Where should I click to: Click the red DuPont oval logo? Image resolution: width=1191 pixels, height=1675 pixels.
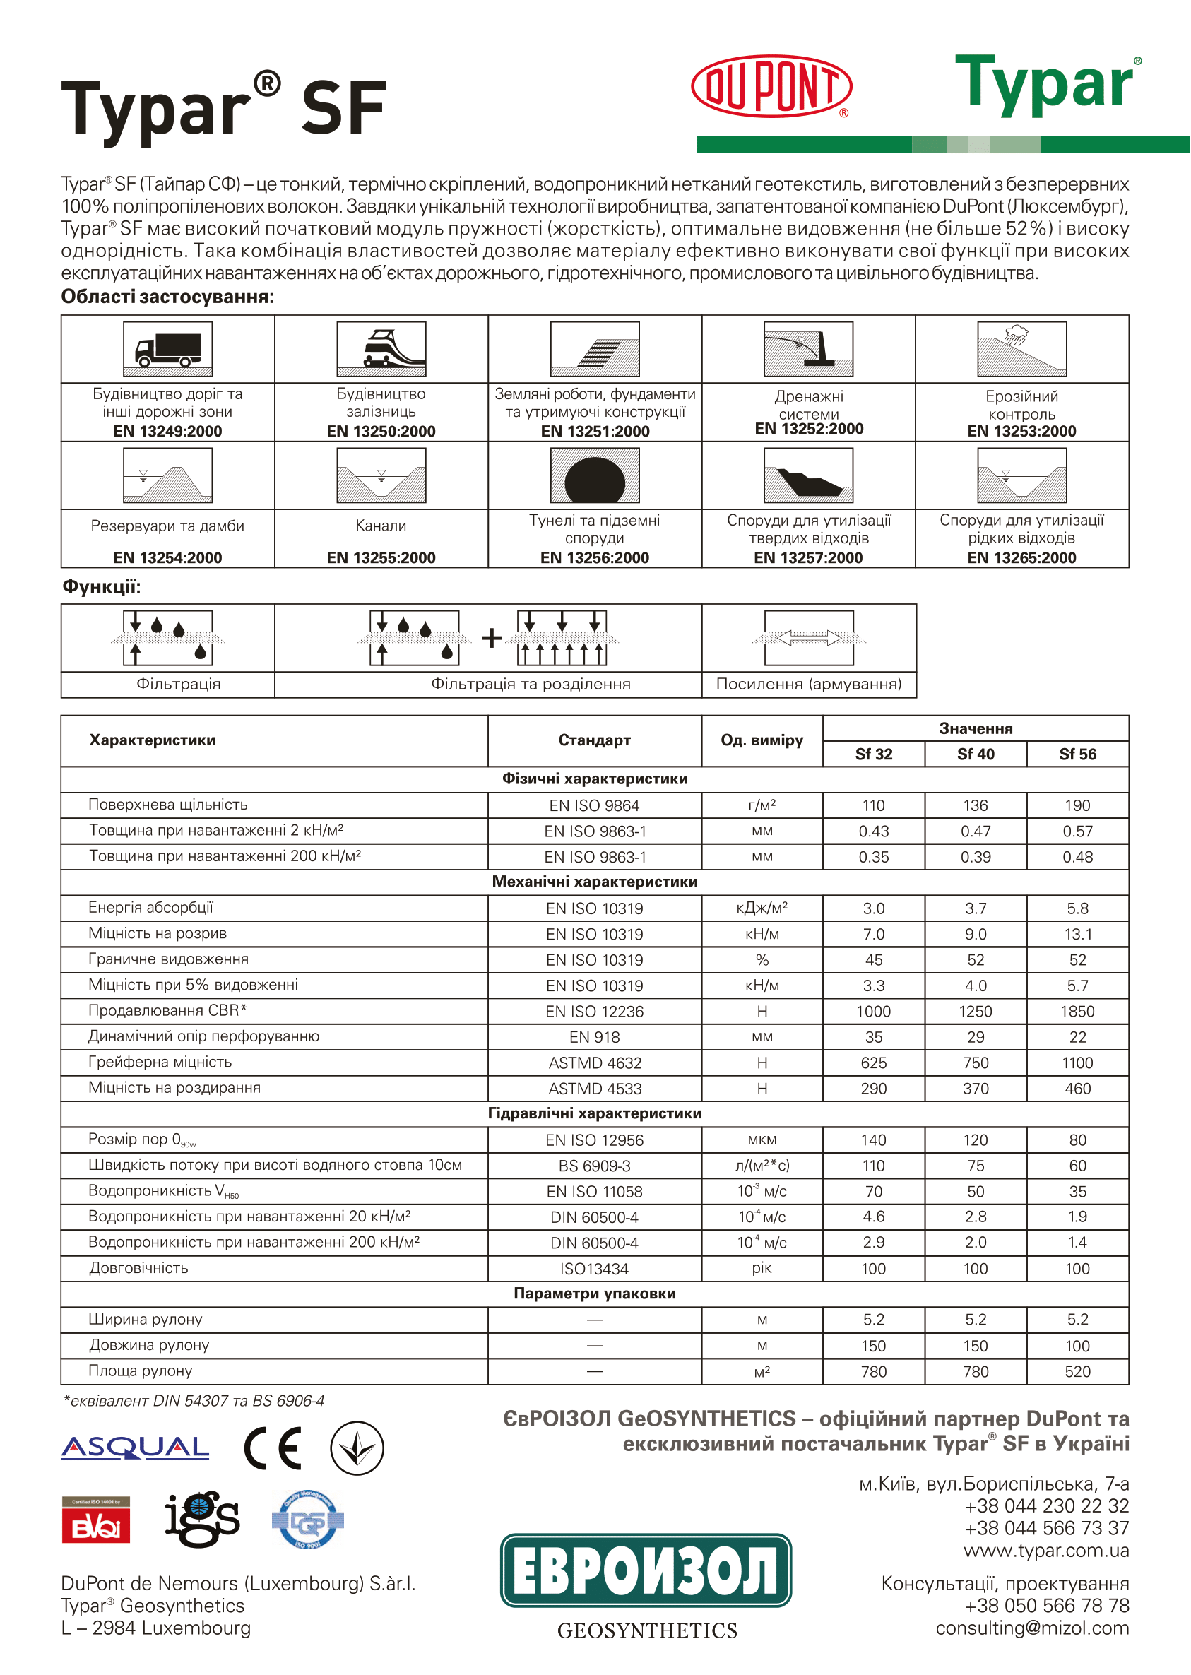click(x=771, y=85)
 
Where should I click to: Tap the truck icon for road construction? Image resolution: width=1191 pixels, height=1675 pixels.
click(x=168, y=349)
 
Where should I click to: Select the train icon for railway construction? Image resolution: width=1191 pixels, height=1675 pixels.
click(x=381, y=349)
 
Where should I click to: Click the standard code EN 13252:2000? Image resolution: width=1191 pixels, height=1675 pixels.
click(x=809, y=429)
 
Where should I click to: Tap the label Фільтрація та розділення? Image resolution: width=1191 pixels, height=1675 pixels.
click(x=531, y=685)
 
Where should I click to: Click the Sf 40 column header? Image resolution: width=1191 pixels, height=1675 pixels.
click(x=976, y=754)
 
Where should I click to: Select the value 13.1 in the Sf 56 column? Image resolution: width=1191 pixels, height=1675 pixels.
click(x=1077, y=935)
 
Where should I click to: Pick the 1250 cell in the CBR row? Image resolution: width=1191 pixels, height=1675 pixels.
click(x=976, y=1012)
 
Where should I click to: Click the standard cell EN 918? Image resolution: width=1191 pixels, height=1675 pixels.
click(x=594, y=1037)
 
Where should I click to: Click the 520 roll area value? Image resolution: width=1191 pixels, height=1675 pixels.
click(x=1077, y=1371)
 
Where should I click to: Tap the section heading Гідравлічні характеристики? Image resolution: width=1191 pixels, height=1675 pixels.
click(x=594, y=1113)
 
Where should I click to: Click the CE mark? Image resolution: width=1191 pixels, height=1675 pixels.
click(x=273, y=1448)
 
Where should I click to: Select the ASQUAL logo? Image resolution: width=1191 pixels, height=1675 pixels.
click(x=135, y=1448)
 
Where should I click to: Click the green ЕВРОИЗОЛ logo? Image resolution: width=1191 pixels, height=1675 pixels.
click(x=646, y=1570)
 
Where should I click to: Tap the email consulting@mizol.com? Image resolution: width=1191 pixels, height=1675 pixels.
click(x=1032, y=1628)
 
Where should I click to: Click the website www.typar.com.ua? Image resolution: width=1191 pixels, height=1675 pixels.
click(x=1045, y=1551)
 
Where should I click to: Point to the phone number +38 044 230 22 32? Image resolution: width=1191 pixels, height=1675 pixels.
click(x=1046, y=1505)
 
